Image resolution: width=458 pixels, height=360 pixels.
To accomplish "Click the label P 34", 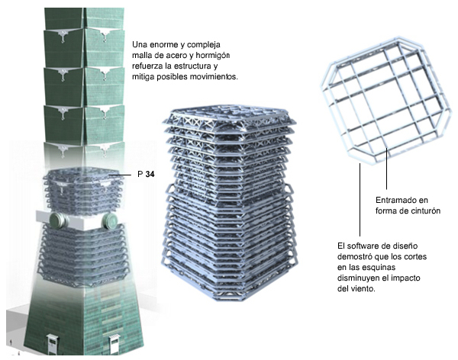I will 145,175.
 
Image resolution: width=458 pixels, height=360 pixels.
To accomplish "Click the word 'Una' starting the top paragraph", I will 141,43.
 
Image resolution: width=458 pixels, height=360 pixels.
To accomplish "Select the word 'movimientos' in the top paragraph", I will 212,79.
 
